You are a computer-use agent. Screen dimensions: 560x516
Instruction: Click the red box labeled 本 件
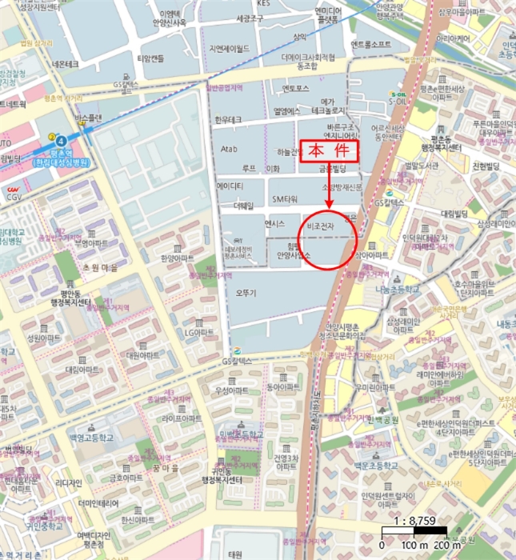(x=328, y=152)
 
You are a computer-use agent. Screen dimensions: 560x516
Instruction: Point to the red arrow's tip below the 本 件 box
(x=329, y=214)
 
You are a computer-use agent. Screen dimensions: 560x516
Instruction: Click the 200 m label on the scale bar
(x=447, y=544)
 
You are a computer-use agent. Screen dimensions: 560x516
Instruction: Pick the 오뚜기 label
(x=246, y=294)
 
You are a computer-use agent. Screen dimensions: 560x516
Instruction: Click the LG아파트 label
(x=201, y=332)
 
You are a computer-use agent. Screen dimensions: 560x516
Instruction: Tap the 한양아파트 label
(x=177, y=259)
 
